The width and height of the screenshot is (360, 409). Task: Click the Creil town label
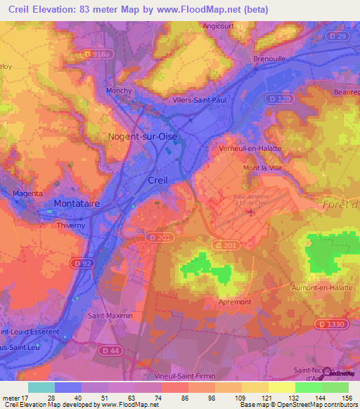click(x=157, y=180)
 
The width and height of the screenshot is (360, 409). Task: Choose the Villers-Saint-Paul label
click(x=200, y=100)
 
